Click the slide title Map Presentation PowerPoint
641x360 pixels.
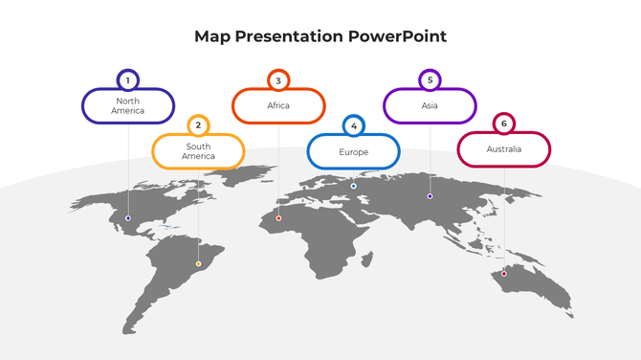(320, 36)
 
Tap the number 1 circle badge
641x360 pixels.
(127, 80)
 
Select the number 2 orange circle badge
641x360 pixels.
(198, 125)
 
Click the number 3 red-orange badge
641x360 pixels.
(278, 80)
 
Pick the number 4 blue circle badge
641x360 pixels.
(353, 126)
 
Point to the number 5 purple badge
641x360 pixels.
(430, 80)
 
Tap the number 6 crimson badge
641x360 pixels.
(504, 124)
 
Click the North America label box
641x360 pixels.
(128, 106)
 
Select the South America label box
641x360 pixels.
(199, 151)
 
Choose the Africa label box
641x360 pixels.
(278, 106)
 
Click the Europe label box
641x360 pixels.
(353, 152)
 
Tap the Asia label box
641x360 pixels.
(430, 106)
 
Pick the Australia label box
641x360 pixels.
(504, 149)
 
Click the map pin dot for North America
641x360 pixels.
(128, 218)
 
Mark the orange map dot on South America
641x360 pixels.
(198, 263)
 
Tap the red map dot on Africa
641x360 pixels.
(278, 218)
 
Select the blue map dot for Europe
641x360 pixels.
(353, 186)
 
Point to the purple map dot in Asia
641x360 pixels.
(430, 196)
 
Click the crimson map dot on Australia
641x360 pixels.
(504, 274)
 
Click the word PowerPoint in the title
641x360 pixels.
(397, 36)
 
